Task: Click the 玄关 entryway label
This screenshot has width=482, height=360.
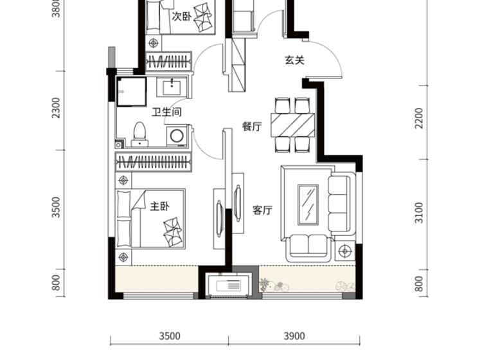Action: coord(294,60)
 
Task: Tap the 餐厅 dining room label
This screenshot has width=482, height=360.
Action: coord(252,127)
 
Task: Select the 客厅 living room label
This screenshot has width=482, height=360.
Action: coord(262,210)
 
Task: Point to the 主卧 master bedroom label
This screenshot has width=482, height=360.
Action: coord(159,206)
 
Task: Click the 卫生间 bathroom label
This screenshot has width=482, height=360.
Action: coord(166,113)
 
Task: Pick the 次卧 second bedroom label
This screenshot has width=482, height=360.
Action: coord(181,16)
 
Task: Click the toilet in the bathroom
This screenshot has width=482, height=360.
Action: coord(139,134)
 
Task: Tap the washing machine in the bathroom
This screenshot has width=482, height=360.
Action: coord(177,136)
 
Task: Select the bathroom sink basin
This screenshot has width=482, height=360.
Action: coord(172,86)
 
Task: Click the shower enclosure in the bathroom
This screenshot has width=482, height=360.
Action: coord(132,92)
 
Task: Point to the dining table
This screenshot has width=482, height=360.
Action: coord(292,125)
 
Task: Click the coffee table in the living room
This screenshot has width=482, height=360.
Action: coord(308,204)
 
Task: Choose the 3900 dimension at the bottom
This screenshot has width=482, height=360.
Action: coord(294,336)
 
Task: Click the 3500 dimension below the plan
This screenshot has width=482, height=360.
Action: coord(170,336)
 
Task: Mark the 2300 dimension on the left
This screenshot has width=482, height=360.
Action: coord(57,108)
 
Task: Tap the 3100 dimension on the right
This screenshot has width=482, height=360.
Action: coord(418,213)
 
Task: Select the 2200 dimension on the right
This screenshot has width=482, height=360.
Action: coord(418,118)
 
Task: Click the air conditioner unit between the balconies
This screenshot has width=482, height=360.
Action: coord(229,285)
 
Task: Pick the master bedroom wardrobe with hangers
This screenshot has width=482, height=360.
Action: coord(154,161)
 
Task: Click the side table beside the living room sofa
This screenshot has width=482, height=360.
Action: coord(345,251)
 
